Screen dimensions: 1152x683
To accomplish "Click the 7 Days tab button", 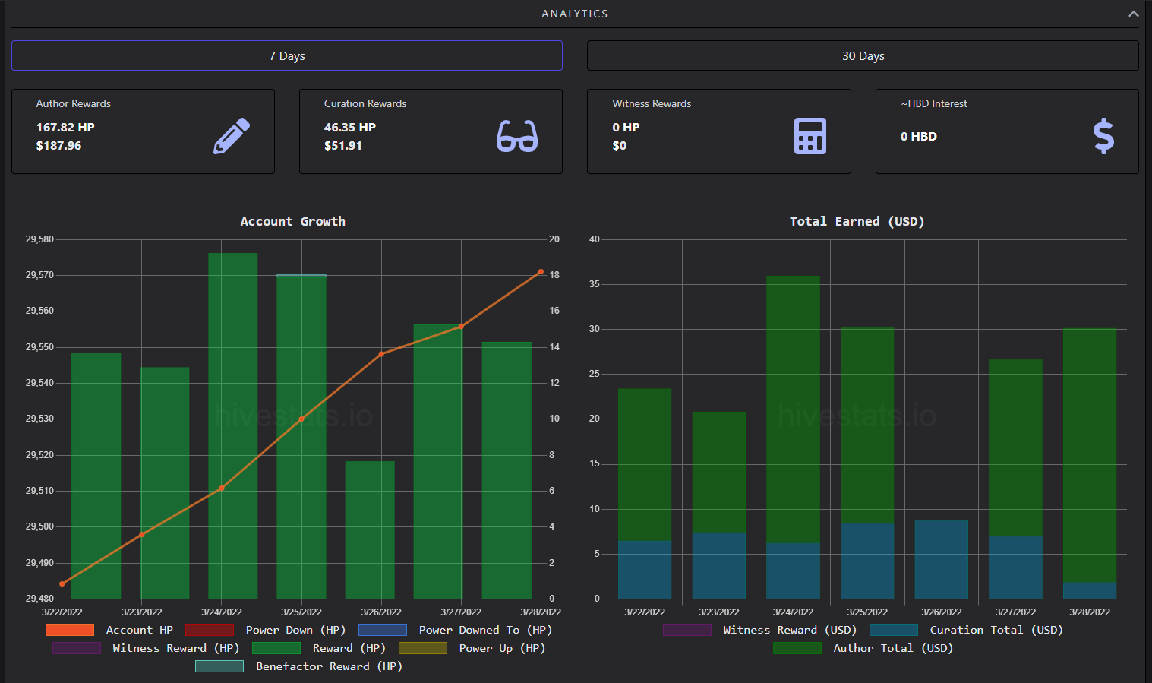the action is (x=287, y=55).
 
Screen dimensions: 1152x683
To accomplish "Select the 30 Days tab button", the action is (x=863, y=55).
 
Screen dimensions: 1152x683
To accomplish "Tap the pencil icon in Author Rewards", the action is (x=232, y=136).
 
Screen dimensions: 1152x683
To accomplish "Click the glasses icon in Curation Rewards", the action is (x=517, y=136).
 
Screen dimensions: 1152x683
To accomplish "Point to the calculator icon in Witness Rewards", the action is (x=810, y=136).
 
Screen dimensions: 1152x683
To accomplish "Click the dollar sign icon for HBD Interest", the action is (x=1103, y=136).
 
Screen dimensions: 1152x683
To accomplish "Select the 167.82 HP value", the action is (x=65, y=127).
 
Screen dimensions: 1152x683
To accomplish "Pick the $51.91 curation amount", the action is (x=343, y=146).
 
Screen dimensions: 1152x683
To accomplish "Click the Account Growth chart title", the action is (x=292, y=221).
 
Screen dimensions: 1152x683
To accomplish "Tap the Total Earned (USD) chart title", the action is (x=857, y=221).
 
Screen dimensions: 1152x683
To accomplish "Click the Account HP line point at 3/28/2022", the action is (x=541, y=272).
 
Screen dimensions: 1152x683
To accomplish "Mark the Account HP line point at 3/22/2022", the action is (x=62, y=583).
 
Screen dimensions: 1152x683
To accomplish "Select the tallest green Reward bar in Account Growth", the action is (x=233, y=425).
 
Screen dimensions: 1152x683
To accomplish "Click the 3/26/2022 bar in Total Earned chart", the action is (x=941, y=559).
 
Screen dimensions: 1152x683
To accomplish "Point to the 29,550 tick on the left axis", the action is (x=39, y=347).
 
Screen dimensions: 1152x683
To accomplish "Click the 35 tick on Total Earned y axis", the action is (x=595, y=284).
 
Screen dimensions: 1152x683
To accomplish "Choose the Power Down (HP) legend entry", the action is (x=265, y=630).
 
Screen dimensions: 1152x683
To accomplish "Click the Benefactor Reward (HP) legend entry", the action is (x=298, y=666).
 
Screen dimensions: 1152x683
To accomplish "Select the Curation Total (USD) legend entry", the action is (x=966, y=630).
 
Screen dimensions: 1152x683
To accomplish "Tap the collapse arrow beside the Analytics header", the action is (x=1134, y=14).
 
